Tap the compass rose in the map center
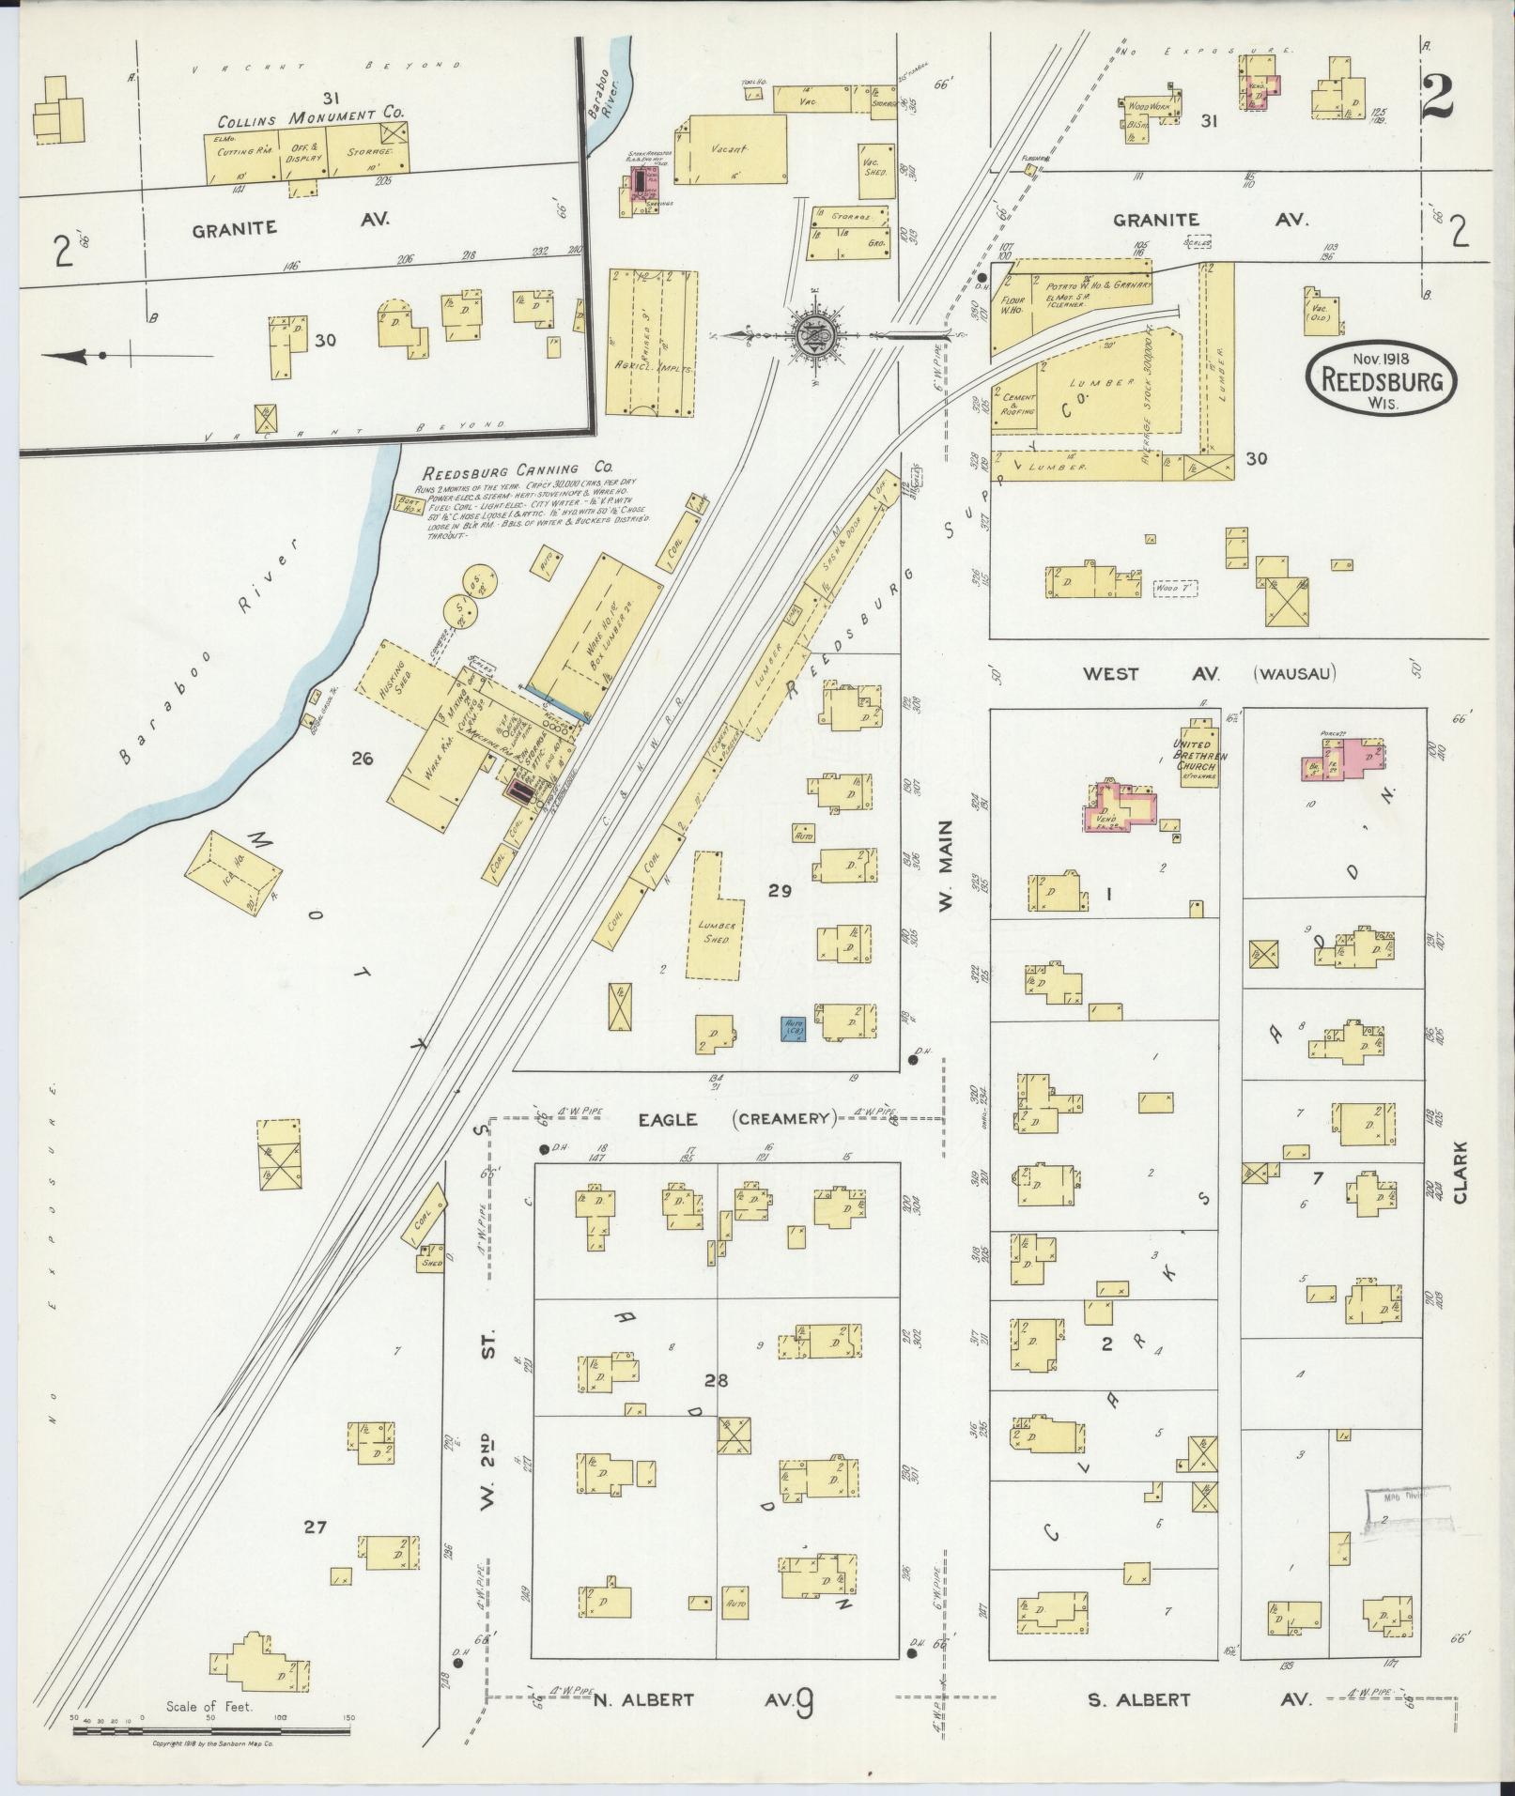click(x=810, y=333)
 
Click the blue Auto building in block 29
click(x=795, y=1028)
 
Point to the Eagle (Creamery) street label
click(x=736, y=1118)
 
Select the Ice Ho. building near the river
click(x=234, y=868)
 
